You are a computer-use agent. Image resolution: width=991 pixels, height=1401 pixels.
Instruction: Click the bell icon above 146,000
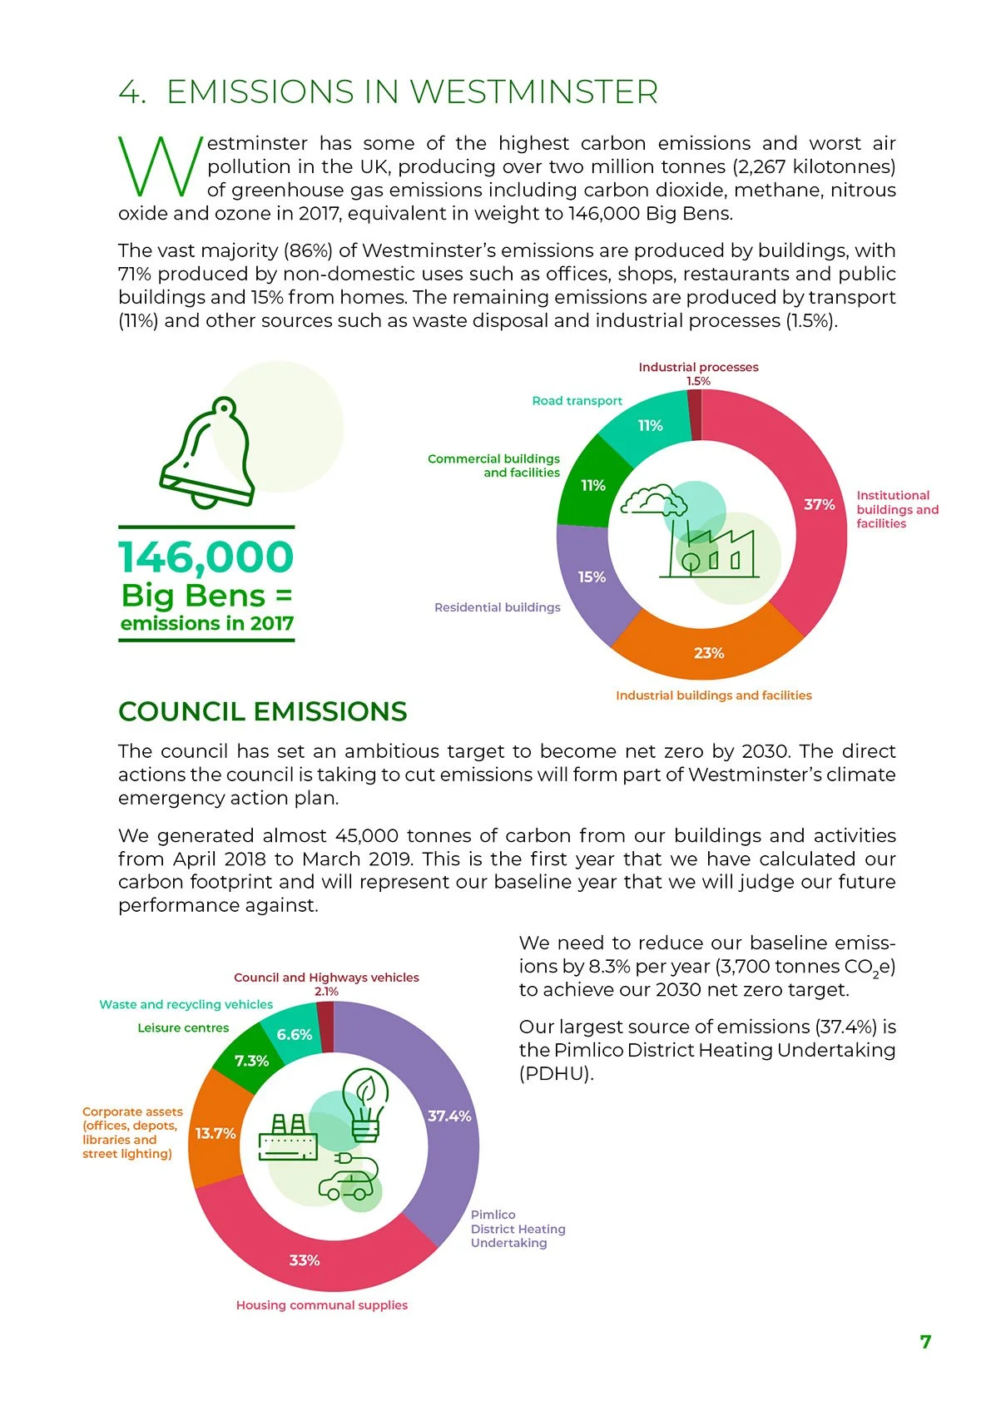pyautogui.click(x=208, y=453)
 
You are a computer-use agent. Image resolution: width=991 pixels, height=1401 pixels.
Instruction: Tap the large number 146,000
pyautogui.click(x=206, y=557)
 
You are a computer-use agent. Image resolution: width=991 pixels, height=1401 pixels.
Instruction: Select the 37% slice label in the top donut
pyautogui.click(x=820, y=505)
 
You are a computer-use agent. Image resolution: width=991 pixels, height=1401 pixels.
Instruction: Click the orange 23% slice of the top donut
pyautogui.click(x=708, y=652)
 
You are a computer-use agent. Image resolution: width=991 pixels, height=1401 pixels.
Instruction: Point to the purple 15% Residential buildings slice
pyautogui.click(x=592, y=577)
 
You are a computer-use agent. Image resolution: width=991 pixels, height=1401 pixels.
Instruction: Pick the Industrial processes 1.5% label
pyautogui.click(x=698, y=374)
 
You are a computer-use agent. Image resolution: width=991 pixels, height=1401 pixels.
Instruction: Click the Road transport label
pyautogui.click(x=577, y=401)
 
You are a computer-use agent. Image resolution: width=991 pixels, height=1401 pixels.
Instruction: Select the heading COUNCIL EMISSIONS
pyautogui.click(x=263, y=712)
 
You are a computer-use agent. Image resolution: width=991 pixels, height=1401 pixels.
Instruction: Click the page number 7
pyautogui.click(x=925, y=1342)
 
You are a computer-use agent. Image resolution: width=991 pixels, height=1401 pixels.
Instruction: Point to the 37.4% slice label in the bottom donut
pyautogui.click(x=449, y=1116)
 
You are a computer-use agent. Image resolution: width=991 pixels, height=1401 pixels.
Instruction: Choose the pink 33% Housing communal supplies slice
pyautogui.click(x=305, y=1260)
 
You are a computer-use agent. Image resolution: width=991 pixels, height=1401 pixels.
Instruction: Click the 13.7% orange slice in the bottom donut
pyautogui.click(x=216, y=1133)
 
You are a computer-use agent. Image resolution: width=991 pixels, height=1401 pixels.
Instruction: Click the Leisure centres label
pyautogui.click(x=183, y=1028)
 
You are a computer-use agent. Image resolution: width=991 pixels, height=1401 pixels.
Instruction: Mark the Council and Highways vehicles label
pyautogui.click(x=326, y=978)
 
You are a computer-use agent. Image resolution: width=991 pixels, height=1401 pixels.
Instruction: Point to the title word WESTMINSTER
pyautogui.click(x=534, y=92)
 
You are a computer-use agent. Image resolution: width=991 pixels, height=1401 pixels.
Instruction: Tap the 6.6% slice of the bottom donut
pyautogui.click(x=295, y=1035)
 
